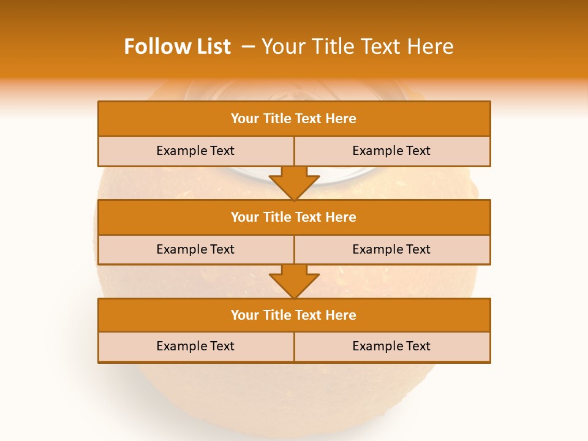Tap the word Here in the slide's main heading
tap(432, 47)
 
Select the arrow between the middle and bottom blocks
tap(294, 281)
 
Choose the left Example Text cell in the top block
tap(195, 151)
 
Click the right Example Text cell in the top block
tap(391, 151)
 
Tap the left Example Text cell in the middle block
tap(195, 249)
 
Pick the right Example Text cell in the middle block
tap(391, 249)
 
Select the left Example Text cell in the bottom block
tap(195, 346)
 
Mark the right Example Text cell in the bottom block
tap(391, 346)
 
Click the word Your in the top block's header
tap(244, 119)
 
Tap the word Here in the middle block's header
tap(341, 217)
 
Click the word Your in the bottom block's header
tap(244, 315)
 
